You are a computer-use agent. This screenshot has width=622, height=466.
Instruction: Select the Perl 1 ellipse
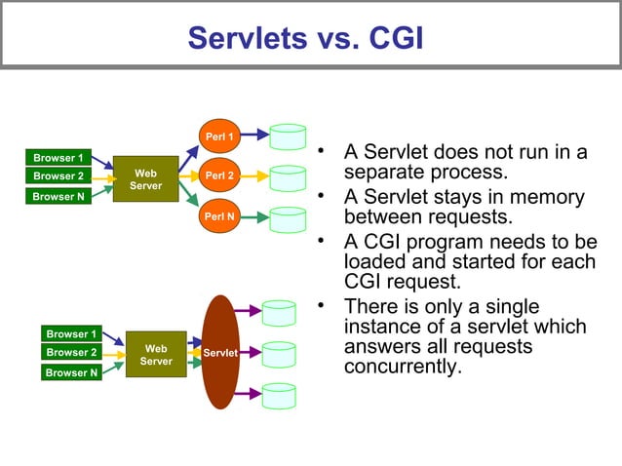click(x=218, y=136)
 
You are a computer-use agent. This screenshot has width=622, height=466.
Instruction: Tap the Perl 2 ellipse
click(x=218, y=176)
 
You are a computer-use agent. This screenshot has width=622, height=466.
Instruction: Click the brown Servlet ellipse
click(x=220, y=352)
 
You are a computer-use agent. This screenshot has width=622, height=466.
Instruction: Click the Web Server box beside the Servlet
click(x=156, y=355)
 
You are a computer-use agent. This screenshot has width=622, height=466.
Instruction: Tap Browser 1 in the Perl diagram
click(x=58, y=157)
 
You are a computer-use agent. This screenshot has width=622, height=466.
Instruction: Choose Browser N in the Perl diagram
click(x=58, y=196)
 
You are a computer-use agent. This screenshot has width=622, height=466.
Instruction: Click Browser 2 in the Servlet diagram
click(x=72, y=352)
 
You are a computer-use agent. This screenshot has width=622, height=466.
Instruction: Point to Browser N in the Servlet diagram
click(x=72, y=372)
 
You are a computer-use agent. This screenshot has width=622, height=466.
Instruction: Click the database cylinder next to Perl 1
click(x=288, y=136)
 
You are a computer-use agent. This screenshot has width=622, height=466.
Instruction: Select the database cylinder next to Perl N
click(x=288, y=219)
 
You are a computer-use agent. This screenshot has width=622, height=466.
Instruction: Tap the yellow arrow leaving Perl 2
click(x=253, y=177)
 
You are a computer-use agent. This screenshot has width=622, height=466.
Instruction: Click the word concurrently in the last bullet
click(x=400, y=369)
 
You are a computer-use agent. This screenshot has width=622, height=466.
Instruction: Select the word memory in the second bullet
click(x=545, y=198)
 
